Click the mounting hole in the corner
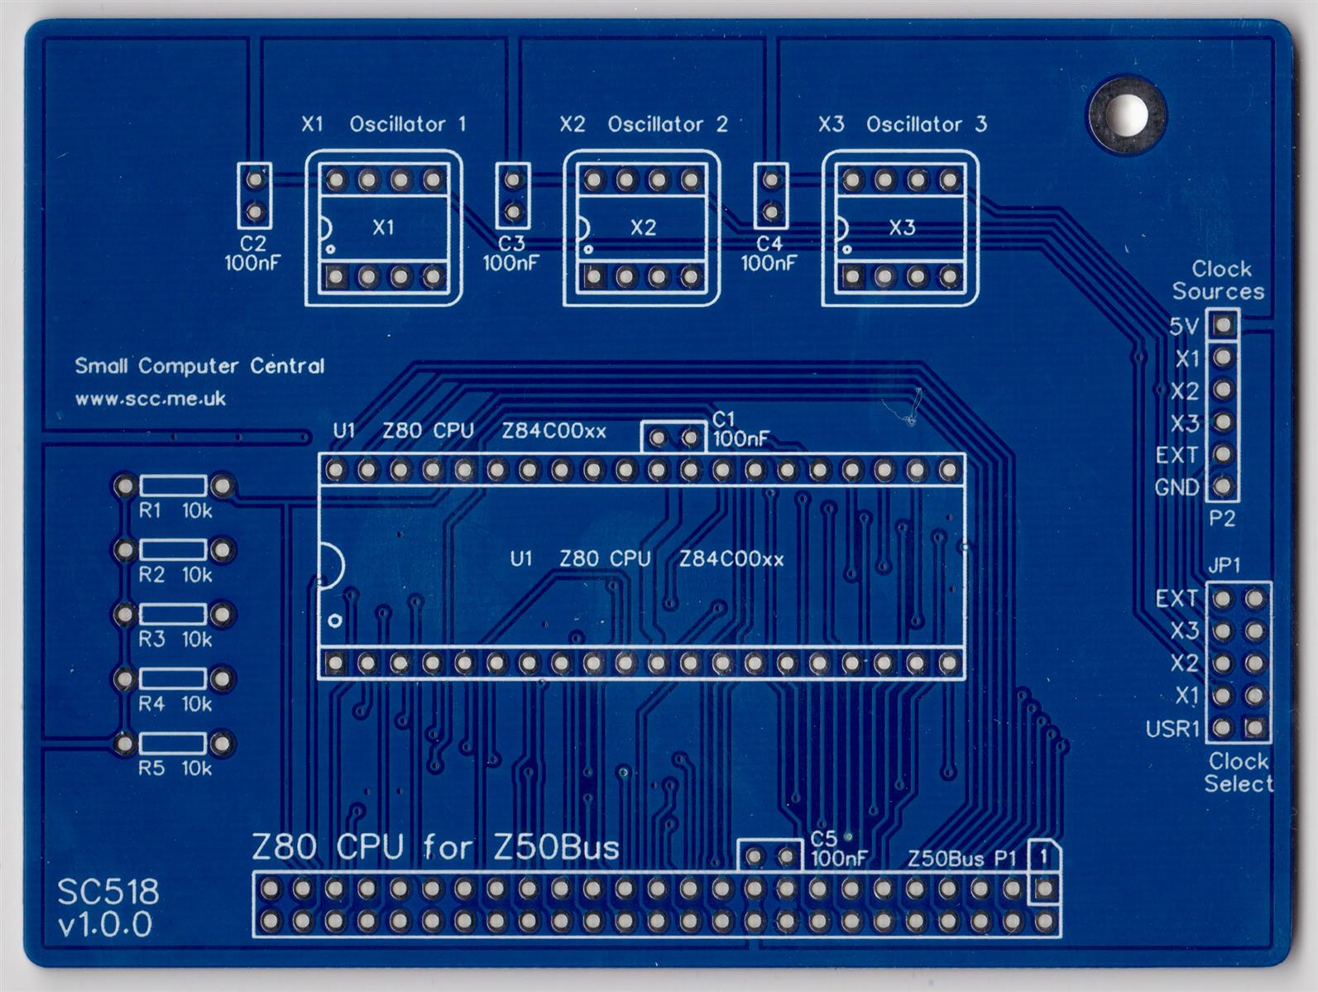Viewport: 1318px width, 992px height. [x=1126, y=114]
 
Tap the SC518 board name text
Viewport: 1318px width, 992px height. [x=108, y=892]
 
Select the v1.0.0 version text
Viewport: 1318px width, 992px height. [x=105, y=924]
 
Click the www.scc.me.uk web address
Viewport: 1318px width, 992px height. [x=150, y=399]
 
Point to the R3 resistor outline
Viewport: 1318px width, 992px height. [x=173, y=614]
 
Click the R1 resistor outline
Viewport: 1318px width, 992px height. [x=173, y=485]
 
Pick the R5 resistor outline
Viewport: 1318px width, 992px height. [x=173, y=743]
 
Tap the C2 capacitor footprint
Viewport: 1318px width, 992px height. [x=254, y=195]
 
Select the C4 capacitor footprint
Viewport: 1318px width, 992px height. [x=771, y=195]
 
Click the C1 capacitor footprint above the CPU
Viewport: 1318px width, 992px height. [x=673, y=437]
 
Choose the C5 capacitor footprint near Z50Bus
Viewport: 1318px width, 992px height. [x=770, y=855]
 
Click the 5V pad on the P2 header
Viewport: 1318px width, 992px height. [x=1223, y=325]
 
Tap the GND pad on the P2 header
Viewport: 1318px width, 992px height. [x=1223, y=486]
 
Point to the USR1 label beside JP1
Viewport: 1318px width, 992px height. [x=1172, y=729]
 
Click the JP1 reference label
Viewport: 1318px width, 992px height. [x=1224, y=566]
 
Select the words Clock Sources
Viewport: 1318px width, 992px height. [x=1219, y=280]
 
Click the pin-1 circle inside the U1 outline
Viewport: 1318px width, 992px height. [x=335, y=620]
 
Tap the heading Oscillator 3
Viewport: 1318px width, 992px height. [x=926, y=124]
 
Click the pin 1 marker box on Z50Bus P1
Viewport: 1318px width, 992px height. [x=1044, y=857]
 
